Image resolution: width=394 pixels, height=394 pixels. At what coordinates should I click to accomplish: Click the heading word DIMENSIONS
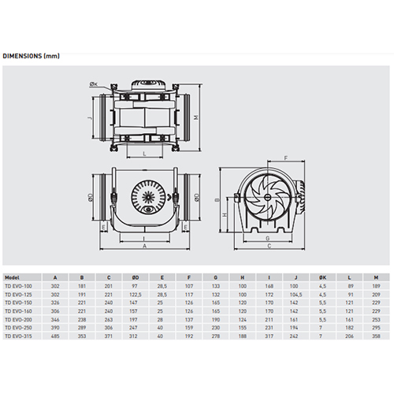point(22,56)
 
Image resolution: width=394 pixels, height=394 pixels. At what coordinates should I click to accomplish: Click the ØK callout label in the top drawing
point(94,84)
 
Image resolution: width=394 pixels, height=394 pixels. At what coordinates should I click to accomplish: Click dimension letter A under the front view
point(145,247)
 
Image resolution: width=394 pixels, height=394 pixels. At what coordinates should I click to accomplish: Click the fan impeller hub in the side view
point(262,198)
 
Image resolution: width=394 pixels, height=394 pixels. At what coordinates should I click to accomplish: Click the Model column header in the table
point(13,277)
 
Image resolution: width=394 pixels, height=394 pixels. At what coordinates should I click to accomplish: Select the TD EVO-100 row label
point(19,285)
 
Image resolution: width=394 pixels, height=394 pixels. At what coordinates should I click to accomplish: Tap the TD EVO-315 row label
point(19,336)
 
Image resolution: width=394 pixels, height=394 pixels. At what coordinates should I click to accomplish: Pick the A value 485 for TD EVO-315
point(54,336)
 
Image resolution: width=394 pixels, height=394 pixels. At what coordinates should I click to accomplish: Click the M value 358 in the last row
point(377,336)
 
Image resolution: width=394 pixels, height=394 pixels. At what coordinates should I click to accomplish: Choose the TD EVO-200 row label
point(19,321)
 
